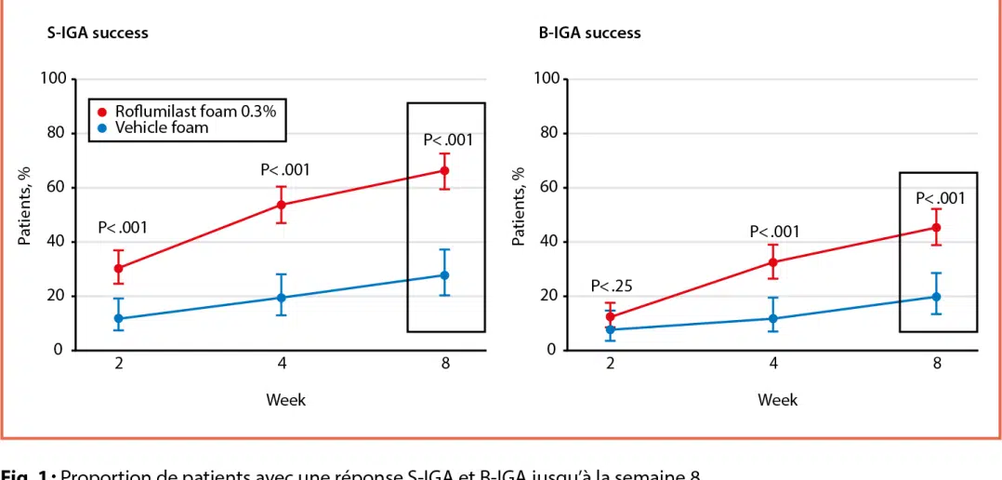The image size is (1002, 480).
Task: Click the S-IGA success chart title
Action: [98, 33]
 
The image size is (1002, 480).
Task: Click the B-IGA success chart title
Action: [589, 33]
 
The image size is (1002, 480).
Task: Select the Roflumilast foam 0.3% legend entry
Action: [187, 113]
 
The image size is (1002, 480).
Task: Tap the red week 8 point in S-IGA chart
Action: [444, 170]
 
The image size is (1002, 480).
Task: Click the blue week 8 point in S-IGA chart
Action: [444, 275]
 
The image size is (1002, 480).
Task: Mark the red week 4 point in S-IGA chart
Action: [282, 205]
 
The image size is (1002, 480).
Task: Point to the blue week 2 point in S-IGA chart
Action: [119, 318]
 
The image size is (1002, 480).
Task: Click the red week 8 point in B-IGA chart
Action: [936, 228]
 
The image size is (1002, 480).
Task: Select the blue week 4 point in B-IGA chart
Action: [773, 318]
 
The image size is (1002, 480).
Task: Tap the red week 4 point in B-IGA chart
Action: [773, 262]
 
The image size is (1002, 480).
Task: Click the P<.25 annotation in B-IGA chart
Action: [612, 286]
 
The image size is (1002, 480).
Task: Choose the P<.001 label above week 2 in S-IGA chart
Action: [123, 228]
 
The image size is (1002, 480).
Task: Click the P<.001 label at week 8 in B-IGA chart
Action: [941, 198]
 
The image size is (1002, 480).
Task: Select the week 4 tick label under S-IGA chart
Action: [282, 364]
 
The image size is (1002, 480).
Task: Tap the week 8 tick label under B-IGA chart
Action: [936, 364]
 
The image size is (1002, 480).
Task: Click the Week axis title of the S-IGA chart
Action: [285, 400]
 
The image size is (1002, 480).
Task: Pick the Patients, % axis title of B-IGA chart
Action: [518, 207]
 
